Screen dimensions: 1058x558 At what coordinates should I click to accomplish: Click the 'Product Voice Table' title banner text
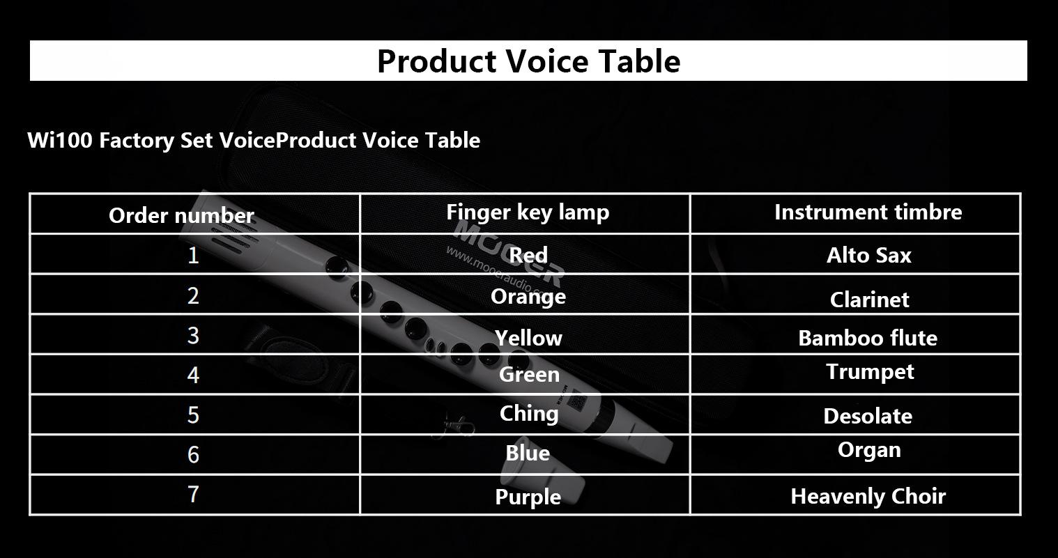pos(528,61)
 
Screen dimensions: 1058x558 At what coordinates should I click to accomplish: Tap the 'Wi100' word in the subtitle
pos(60,140)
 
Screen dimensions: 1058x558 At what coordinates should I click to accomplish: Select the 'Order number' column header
pos(181,216)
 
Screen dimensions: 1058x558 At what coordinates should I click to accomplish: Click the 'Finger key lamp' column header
pos(528,212)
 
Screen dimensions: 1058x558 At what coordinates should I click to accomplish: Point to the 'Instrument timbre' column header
pos(868,212)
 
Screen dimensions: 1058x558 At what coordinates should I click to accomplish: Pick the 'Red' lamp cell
pos(528,256)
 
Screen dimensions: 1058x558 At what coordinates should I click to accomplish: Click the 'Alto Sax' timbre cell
pos(868,256)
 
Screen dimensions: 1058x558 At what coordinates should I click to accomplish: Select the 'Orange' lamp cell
pos(528,297)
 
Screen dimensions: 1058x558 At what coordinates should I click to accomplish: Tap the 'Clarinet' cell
pos(869,300)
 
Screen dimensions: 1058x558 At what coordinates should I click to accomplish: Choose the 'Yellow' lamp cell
pos(528,338)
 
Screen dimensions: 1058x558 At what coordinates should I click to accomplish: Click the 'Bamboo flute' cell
pos(868,338)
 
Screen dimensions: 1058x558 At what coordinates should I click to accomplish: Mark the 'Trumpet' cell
pos(870,372)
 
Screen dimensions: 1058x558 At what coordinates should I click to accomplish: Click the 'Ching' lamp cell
pos(529,414)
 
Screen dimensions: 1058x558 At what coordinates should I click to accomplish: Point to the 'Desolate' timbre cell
pos(868,416)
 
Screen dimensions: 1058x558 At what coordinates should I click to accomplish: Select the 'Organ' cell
pos(869,450)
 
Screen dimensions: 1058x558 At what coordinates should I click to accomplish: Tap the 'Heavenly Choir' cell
pos(868,496)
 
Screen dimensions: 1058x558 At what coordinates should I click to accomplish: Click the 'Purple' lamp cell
pos(528,497)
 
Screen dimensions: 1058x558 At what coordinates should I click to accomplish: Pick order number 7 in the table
pos(192,495)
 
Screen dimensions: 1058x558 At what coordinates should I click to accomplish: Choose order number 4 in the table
pos(192,375)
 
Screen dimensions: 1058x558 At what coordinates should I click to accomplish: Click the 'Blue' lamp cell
pos(528,454)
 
